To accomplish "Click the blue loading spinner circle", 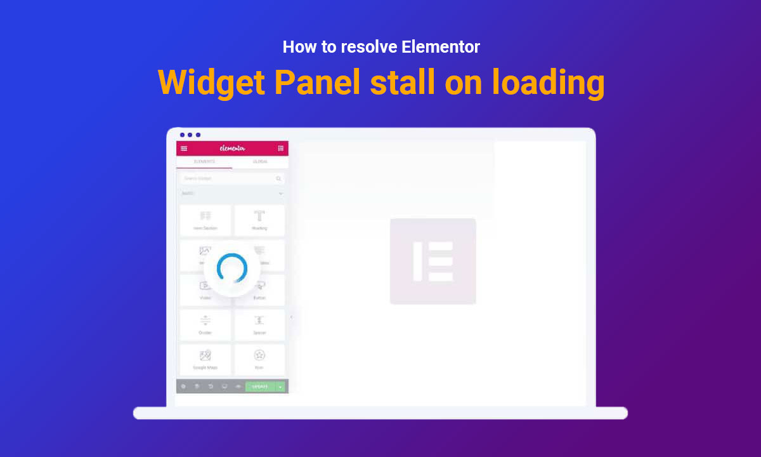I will tap(232, 268).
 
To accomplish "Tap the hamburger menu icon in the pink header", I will tap(184, 149).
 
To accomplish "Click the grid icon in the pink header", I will tap(280, 149).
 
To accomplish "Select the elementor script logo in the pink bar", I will tap(232, 149).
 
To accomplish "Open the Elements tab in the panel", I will tap(204, 162).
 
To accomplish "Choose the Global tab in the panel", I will tap(260, 162).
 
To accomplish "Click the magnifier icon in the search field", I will tap(279, 179).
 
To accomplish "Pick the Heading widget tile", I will tap(259, 220).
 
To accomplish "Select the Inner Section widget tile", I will tap(205, 220).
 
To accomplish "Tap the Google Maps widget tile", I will tap(205, 359).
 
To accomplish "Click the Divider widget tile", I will tap(205, 324).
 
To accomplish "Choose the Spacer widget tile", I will tap(259, 324).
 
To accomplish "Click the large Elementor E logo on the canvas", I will tap(433, 261).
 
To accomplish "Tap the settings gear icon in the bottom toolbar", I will tap(183, 386).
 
